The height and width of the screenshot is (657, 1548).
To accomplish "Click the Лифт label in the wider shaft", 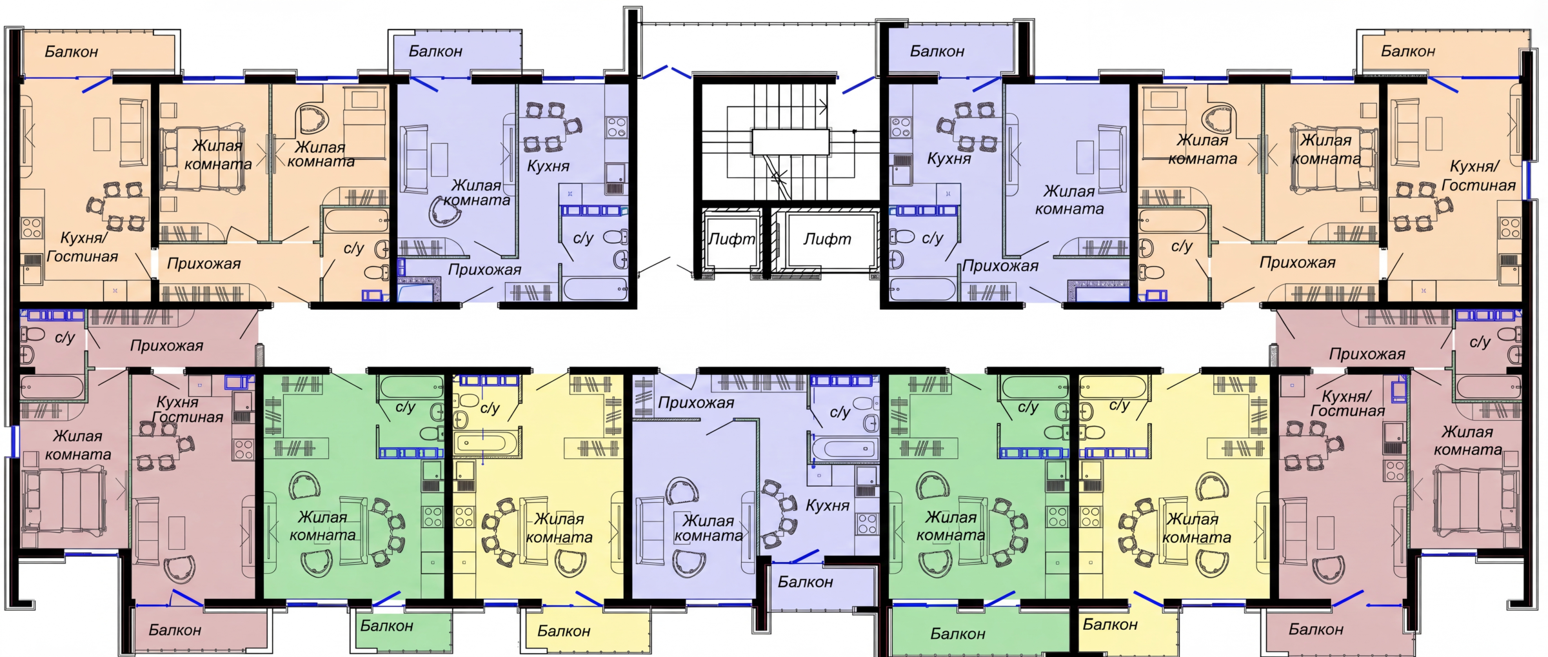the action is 827,239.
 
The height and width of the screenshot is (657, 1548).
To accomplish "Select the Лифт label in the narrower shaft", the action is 731,239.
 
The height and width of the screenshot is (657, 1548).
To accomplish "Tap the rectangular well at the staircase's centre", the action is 790,142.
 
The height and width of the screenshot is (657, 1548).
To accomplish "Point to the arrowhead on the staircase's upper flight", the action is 824,106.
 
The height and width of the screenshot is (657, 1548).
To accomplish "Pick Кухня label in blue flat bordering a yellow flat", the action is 828,505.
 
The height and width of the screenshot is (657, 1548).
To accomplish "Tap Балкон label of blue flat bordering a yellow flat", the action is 805,582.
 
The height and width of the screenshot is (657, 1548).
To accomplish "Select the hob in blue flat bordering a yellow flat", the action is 868,523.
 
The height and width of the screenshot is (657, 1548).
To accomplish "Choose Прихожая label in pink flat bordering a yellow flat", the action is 1367,354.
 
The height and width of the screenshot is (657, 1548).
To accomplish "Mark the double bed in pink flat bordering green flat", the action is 64,501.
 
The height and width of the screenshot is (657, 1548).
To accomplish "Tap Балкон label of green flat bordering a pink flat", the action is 386,626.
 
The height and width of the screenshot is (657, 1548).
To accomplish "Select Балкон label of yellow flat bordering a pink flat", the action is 1109,625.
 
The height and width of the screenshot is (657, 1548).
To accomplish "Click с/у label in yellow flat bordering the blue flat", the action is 490,408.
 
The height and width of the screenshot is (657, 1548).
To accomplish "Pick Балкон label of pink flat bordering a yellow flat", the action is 1316,629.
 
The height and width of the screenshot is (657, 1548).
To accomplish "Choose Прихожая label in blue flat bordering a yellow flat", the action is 696,403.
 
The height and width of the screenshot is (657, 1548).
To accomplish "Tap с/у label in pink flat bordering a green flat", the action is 64,338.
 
